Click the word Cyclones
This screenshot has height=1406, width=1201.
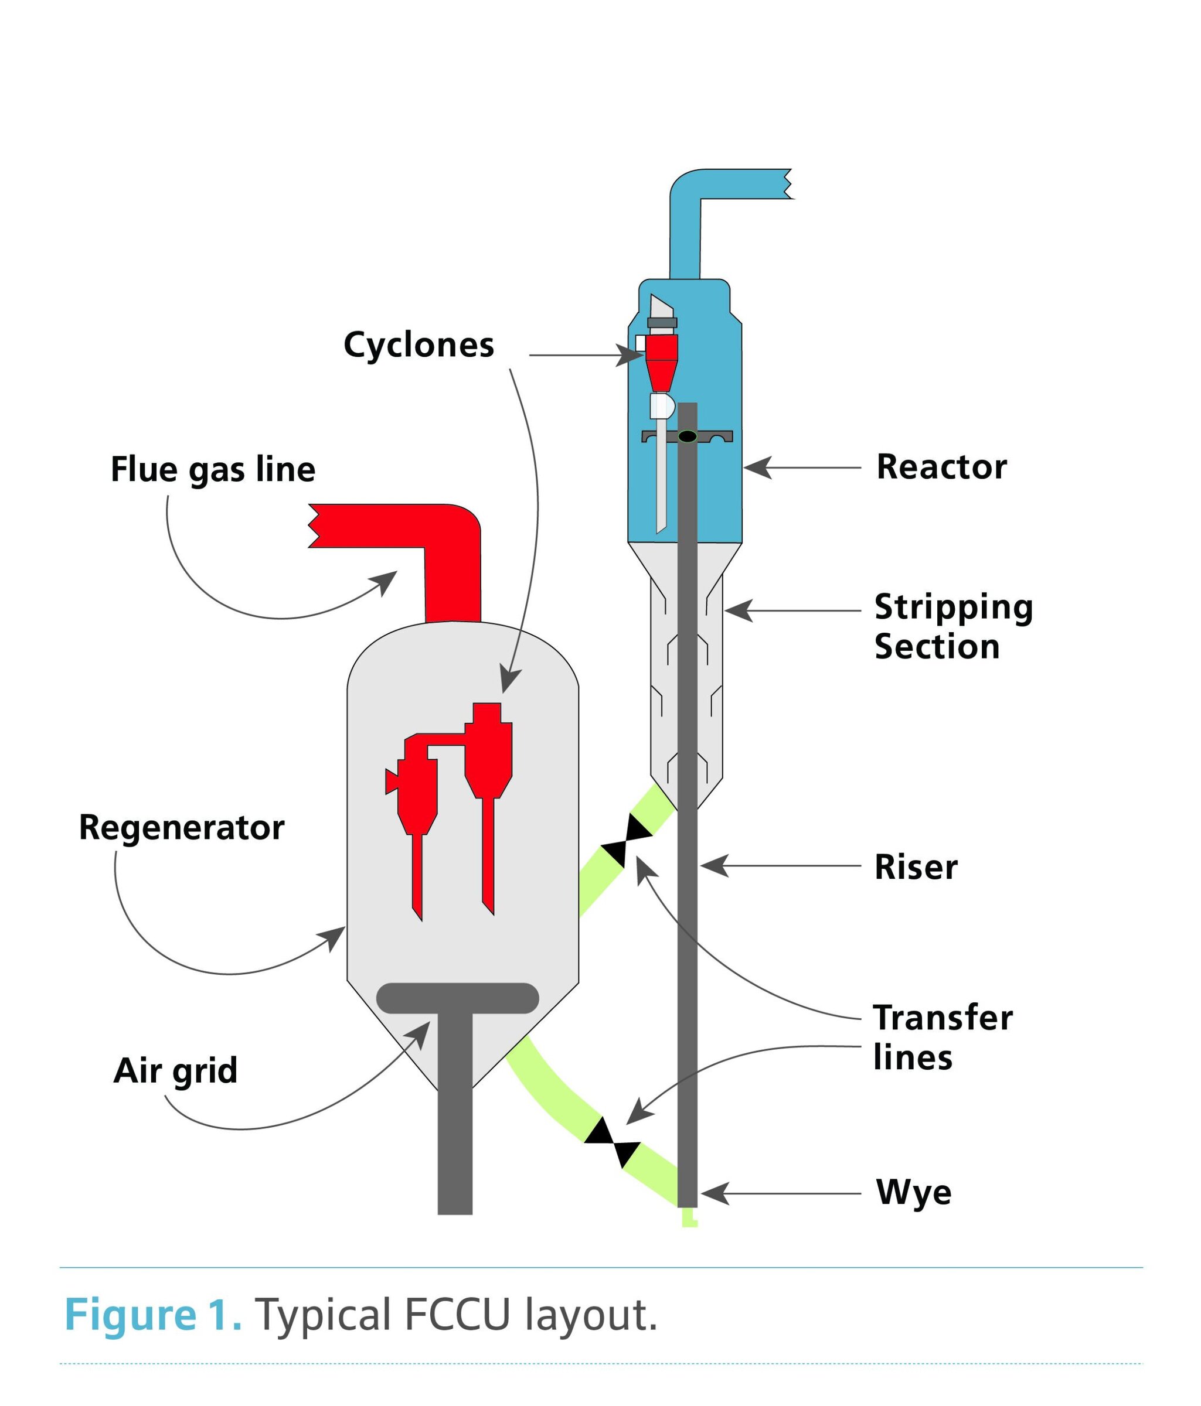click(419, 346)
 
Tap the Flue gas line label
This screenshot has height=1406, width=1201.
click(213, 470)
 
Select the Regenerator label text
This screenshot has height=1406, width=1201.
click(181, 828)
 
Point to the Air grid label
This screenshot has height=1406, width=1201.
click(175, 1071)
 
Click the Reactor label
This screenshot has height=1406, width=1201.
click(941, 467)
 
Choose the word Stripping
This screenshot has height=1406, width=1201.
click(953, 608)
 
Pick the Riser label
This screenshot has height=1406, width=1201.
click(915, 867)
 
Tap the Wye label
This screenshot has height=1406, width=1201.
click(913, 1192)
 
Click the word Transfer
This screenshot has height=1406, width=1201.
click(943, 1018)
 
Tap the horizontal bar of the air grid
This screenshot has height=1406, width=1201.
click(457, 998)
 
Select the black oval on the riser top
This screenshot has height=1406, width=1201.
click(687, 436)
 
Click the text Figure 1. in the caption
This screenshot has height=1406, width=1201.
click(153, 1315)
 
